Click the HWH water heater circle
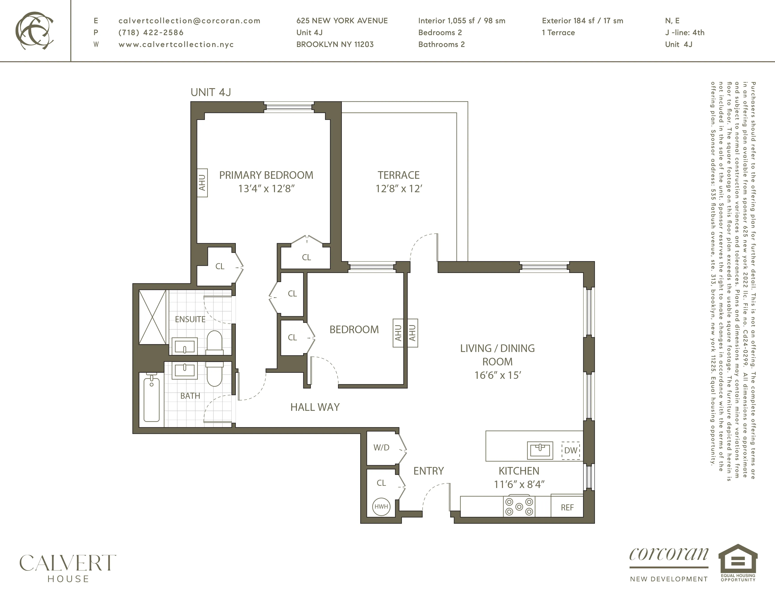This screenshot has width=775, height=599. tap(381, 506)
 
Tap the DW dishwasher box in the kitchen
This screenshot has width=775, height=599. tap(571, 450)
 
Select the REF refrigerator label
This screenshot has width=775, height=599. tap(567, 507)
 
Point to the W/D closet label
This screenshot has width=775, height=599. tap(381, 448)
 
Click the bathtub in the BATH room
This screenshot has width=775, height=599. tap(151, 399)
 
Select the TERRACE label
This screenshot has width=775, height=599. tap(398, 175)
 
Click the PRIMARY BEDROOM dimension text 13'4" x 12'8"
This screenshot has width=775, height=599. tap(266, 189)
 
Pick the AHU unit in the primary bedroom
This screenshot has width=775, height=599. tap(202, 182)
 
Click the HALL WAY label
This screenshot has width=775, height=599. tap(315, 407)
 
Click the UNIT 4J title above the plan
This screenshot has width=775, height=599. tap(211, 92)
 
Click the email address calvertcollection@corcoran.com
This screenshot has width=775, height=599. tap(189, 21)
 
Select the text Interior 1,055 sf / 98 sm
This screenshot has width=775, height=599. tap(462, 21)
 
